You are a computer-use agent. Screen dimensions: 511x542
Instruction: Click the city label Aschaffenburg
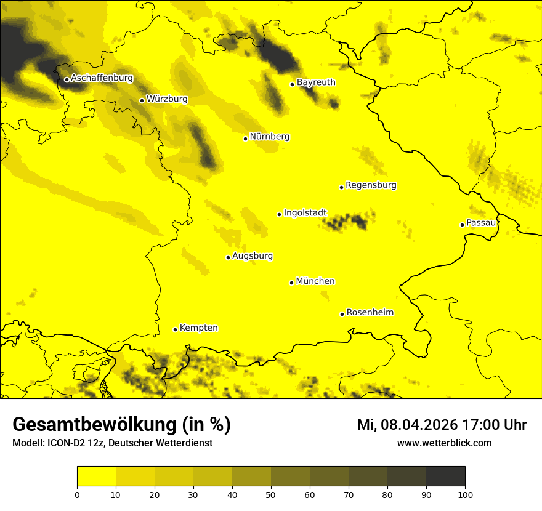pos(102,78)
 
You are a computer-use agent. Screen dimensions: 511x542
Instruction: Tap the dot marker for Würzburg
pos(142,100)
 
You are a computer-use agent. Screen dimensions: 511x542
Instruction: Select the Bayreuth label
pos(316,82)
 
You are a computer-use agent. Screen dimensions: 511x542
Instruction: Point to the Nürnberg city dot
pos(245,139)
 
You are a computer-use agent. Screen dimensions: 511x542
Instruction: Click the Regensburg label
pos(371,185)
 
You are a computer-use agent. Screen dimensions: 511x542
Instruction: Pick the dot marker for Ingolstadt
pos(279,214)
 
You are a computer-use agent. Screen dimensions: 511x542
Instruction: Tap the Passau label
pos(481,223)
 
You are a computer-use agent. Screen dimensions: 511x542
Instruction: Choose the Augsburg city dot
pos(228,257)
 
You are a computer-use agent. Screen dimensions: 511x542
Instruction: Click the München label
pos(315,281)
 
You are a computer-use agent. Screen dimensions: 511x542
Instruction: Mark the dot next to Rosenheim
pos(342,314)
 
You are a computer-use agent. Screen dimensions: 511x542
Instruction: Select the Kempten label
pos(198,328)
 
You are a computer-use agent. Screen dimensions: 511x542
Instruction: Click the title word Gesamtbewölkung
pos(92,425)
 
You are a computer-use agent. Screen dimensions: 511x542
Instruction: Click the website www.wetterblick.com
pos(444,443)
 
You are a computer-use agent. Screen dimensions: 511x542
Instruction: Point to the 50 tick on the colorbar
pos(271,494)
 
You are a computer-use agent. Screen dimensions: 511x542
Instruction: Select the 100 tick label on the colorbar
pos(465,494)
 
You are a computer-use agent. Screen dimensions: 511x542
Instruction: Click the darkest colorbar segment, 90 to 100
pos(445,476)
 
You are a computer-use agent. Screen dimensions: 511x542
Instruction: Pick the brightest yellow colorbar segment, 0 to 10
pos(96,476)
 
